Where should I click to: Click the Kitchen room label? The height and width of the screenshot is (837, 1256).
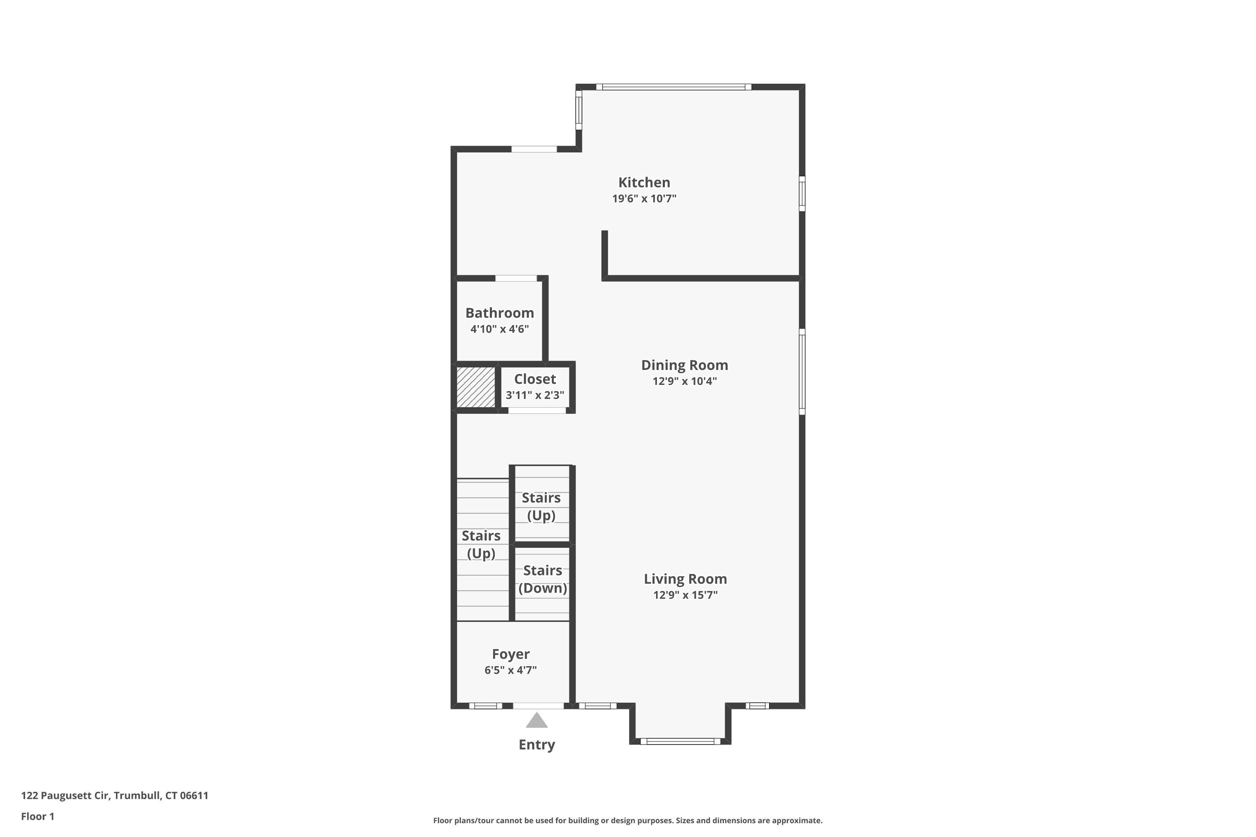click(x=644, y=182)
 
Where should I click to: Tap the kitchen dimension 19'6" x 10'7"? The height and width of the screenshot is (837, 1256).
click(x=644, y=198)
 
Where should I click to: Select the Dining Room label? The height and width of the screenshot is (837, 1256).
click(x=685, y=365)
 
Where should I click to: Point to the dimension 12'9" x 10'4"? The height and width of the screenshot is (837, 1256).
click(x=685, y=381)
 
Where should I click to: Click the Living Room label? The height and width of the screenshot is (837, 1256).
click(x=685, y=579)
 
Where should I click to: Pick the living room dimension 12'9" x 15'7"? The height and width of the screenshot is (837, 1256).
click(x=685, y=595)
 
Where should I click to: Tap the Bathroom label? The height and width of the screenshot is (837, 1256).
click(x=499, y=313)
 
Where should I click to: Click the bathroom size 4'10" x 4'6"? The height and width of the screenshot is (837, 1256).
click(x=499, y=329)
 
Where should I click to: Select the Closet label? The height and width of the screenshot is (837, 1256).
click(x=535, y=379)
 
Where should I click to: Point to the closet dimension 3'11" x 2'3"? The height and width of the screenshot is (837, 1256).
click(x=535, y=395)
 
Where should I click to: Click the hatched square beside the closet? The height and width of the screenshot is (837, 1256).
click(x=476, y=387)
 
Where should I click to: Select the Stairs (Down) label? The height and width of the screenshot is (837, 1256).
click(x=543, y=579)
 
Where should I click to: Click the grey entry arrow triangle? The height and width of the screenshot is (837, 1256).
click(x=537, y=721)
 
